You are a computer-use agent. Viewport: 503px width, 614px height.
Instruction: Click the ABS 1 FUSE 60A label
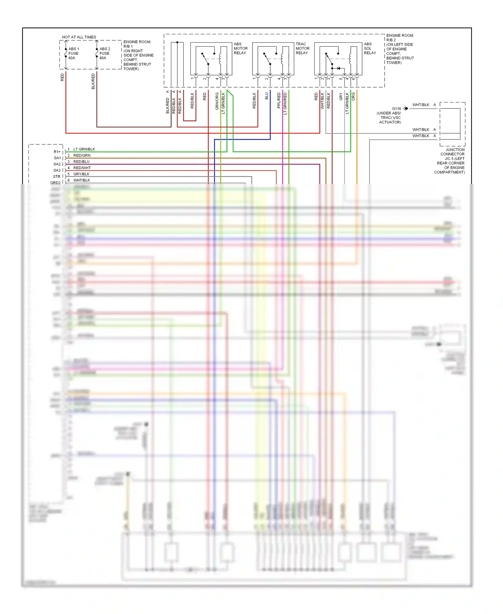[x=73, y=53]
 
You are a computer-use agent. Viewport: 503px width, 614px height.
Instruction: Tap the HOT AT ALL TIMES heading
[x=79, y=37]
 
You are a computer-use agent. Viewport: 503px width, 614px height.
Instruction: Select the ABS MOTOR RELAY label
[x=240, y=48]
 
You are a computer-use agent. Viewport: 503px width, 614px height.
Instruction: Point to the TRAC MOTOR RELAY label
[x=302, y=48]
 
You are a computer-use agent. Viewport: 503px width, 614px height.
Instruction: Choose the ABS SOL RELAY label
[x=370, y=48]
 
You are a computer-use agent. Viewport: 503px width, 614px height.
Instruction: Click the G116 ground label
[x=396, y=108]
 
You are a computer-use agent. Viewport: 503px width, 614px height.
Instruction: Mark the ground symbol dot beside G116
[x=406, y=108]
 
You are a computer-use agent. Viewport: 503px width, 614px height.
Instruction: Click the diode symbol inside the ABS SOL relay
[x=339, y=69]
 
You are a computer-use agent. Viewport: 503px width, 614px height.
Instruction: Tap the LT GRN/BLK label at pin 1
[x=84, y=149]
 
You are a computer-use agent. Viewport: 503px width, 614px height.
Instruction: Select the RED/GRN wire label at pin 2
[x=82, y=156]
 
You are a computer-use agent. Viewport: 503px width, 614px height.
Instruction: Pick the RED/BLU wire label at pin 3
[x=81, y=162]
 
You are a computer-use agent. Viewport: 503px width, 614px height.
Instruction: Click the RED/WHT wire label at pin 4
[x=82, y=168]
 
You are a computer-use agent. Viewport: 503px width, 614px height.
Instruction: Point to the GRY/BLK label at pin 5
[x=81, y=174]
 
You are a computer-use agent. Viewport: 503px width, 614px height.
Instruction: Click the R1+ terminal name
[x=57, y=152]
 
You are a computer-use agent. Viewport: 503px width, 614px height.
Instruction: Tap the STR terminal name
[x=57, y=177]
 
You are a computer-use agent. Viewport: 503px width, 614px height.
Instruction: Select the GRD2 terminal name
[x=55, y=183]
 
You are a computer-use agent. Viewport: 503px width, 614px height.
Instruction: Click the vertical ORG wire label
[x=353, y=97]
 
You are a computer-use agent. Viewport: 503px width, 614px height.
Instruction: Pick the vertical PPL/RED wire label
[x=279, y=100]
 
